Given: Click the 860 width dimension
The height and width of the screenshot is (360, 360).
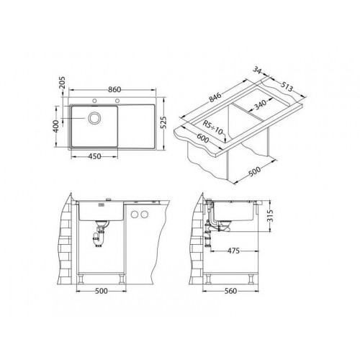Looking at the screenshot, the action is point(114,89).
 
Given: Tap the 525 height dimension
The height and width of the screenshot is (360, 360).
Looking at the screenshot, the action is point(163,122).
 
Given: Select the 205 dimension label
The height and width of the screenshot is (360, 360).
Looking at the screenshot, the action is point(62,82).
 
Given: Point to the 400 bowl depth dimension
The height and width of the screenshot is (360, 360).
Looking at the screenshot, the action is point(55,126).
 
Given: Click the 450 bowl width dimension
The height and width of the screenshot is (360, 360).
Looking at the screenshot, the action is point(94,156).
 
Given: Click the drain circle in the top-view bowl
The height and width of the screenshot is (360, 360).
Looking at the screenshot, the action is point(95,118).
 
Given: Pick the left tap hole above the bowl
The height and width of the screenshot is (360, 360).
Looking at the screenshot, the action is point(94,101).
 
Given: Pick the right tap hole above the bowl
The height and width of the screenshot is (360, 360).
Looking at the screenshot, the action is point(117,101).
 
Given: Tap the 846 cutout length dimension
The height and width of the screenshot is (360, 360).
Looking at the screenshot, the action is point(215,97).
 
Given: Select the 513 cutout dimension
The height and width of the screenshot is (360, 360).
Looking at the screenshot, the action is point(287,87).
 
